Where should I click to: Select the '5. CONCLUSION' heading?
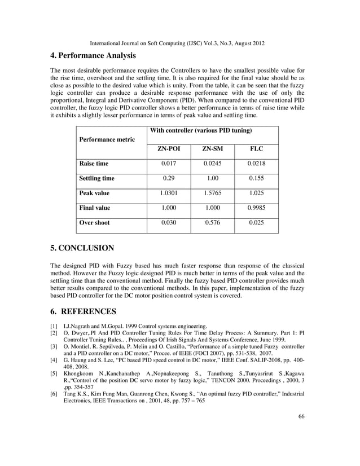tap(82, 248)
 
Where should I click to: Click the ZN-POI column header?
tap(168, 149)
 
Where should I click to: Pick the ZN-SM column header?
tap(212, 149)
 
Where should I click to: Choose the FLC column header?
tap(256, 149)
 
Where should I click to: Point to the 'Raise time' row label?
tap(94, 164)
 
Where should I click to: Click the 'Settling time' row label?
tap(96, 178)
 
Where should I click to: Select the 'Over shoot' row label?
tap(94, 222)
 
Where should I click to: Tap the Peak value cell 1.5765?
tap(212, 193)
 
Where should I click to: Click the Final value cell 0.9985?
tap(256, 208)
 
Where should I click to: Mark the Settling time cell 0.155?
tap(256, 178)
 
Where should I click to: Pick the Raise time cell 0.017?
tap(168, 164)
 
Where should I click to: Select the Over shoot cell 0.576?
tap(212, 222)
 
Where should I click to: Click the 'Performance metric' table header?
tap(107, 139)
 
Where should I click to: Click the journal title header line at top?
tap(179, 43)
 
